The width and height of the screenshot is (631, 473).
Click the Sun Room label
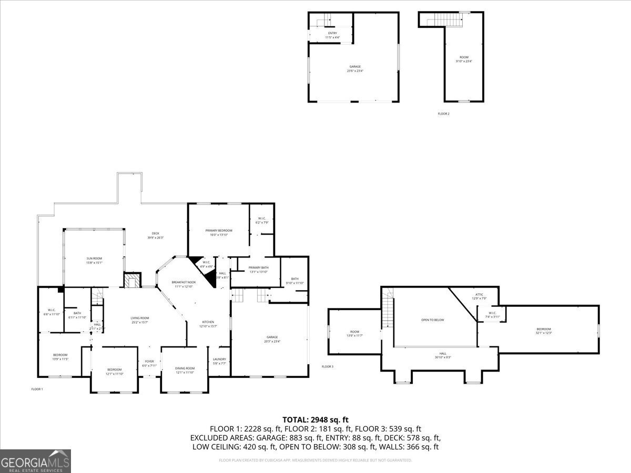(94, 258)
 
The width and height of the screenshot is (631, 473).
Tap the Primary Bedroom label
(219, 230)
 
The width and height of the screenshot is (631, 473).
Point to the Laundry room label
(219, 359)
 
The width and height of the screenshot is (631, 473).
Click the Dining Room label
(185, 368)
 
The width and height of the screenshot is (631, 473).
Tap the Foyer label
(149, 362)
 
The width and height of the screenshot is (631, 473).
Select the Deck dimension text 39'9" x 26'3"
(156, 238)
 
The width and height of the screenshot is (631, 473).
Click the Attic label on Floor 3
(479, 294)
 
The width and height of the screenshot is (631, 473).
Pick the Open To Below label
(432, 320)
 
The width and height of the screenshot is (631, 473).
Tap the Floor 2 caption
(443, 114)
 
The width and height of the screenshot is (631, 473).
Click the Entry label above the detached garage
(332, 33)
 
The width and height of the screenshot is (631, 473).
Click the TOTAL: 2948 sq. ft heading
(315, 419)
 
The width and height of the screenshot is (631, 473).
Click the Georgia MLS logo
(35, 461)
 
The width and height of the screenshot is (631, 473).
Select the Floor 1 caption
(37, 389)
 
